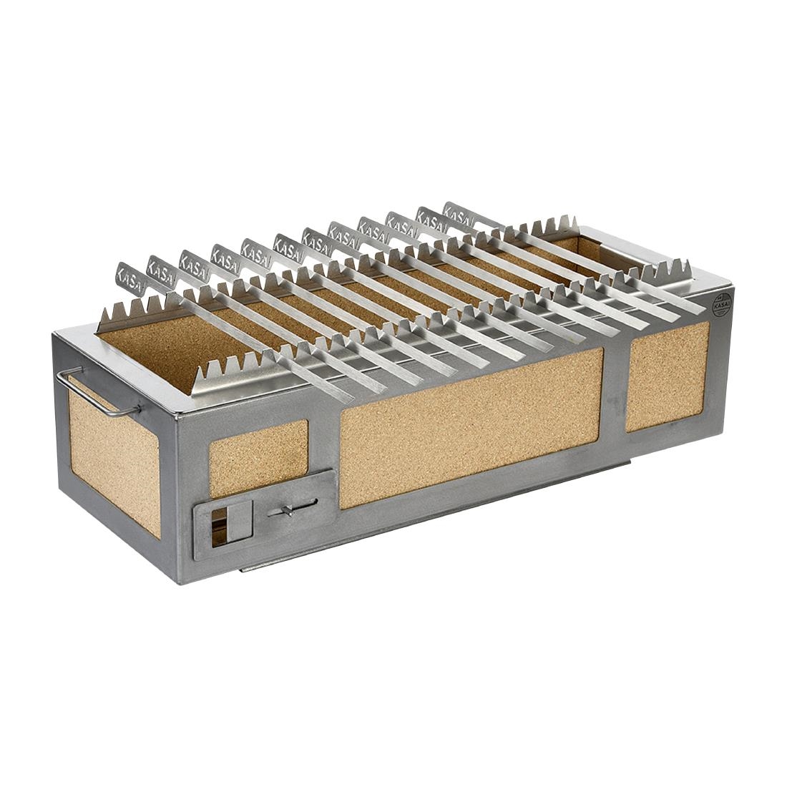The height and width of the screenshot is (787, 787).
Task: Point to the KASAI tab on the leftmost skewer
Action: tap(129, 276)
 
